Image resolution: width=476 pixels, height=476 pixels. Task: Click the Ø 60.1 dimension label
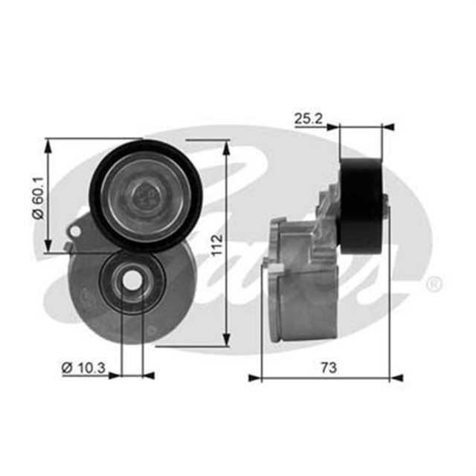[39, 197]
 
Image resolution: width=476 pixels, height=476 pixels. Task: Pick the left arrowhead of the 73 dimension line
[255, 378]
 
